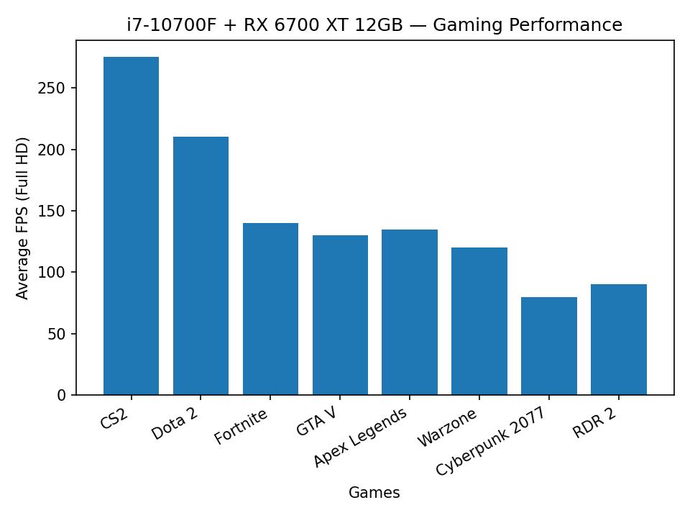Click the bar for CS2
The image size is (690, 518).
[x=131, y=226]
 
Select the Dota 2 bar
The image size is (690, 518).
[x=201, y=265]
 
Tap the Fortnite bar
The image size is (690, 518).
[x=270, y=309]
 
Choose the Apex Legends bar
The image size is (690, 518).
[x=410, y=312]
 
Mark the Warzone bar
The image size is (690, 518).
[x=479, y=321]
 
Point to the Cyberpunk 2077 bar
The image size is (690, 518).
[x=549, y=346]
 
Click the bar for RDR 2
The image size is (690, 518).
[x=619, y=340]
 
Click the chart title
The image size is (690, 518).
[x=374, y=25]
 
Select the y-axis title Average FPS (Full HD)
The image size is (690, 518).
[x=23, y=218]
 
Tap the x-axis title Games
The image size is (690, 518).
[x=374, y=493]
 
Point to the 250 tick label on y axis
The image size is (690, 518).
[x=53, y=88]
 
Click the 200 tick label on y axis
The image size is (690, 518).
[x=53, y=150]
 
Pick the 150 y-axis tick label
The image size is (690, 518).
[x=53, y=212]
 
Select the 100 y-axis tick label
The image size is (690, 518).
[x=53, y=273]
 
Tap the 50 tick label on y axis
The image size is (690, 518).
[x=57, y=334]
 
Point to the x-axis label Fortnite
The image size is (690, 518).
[x=241, y=426]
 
